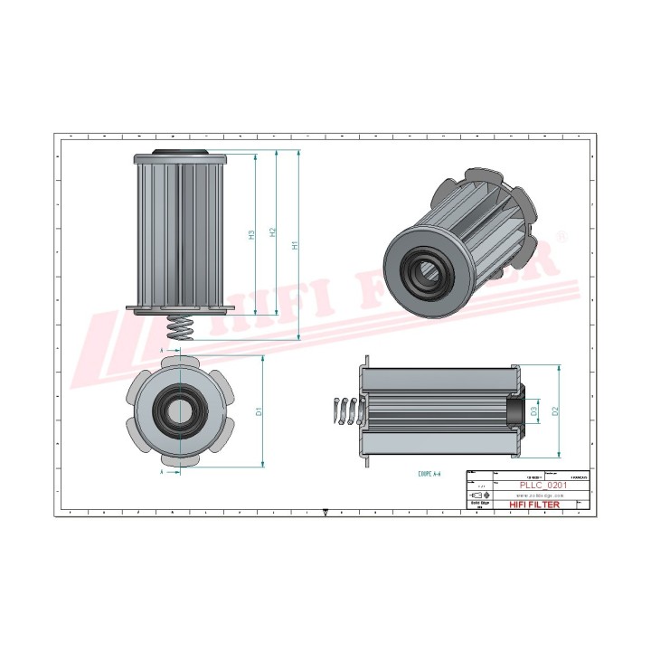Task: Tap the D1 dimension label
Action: [x=259, y=411]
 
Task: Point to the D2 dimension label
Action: [x=555, y=411]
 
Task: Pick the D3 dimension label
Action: [x=534, y=411]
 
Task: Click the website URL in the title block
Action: [x=541, y=495]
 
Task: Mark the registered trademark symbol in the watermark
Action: [x=561, y=238]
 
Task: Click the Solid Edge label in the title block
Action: [x=480, y=505]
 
